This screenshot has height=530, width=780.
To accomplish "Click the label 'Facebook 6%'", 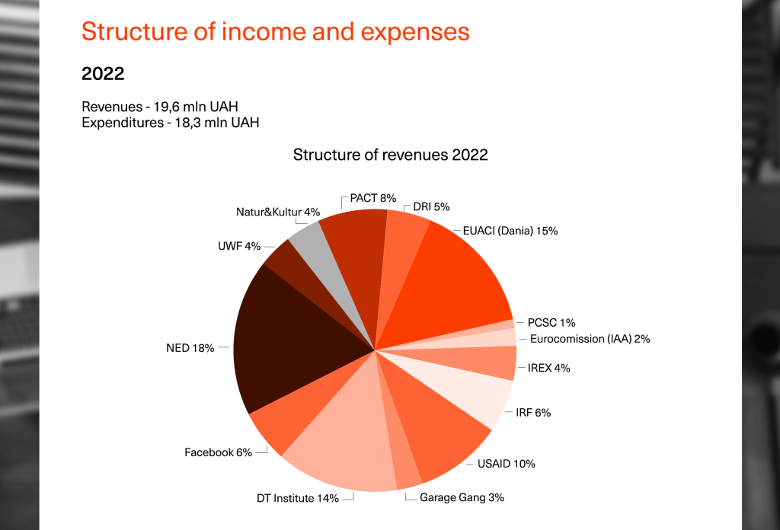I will [218, 452].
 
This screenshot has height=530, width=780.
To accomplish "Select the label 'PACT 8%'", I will [373, 198].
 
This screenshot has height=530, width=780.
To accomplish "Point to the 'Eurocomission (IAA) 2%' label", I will [589, 339].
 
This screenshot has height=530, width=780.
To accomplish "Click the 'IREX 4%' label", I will [548, 368].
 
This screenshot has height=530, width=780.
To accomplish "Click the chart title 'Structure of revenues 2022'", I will [390, 155].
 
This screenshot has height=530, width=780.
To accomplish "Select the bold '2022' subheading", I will [103, 74].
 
